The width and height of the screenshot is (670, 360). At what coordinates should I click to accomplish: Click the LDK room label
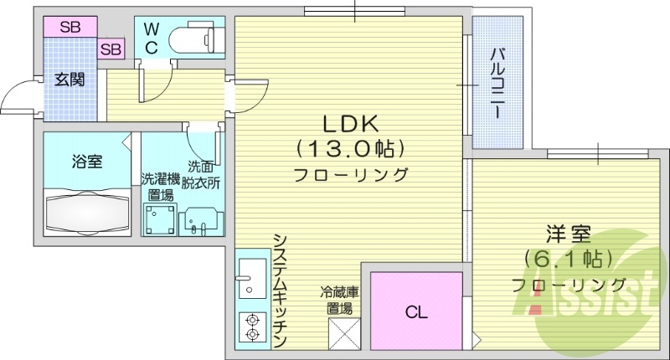click(x=349, y=122)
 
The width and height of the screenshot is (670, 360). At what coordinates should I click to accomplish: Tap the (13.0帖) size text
click(x=349, y=149)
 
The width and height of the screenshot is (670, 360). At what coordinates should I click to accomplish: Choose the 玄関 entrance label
click(x=70, y=80)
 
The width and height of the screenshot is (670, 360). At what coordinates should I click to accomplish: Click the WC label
click(x=151, y=39)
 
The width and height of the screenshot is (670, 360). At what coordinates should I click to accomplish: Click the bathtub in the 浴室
click(x=86, y=213)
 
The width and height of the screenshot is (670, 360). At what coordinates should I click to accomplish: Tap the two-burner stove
click(x=250, y=326)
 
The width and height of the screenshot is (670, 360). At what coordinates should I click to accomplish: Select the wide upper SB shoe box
click(x=70, y=27)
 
